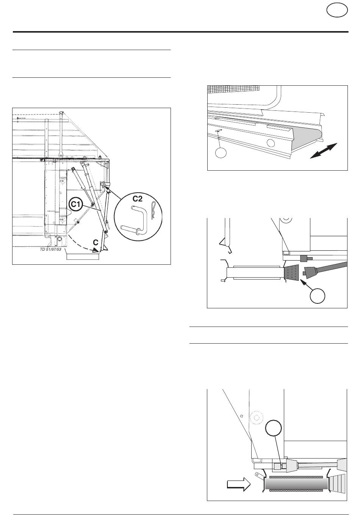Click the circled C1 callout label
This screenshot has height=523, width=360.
[x=75, y=204]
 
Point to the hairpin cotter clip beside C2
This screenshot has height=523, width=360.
[x=153, y=210]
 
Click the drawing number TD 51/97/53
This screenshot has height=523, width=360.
[x=50, y=249]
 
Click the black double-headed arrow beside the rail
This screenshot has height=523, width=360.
[x=323, y=151]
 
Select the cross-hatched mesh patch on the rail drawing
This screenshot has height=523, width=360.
[x=233, y=89]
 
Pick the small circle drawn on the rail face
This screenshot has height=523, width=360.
[x=271, y=143]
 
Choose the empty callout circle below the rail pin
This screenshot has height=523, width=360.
[x=221, y=153]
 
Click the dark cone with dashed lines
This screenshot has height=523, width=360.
[x=292, y=272]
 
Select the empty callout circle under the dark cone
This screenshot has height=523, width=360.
[x=317, y=296]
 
